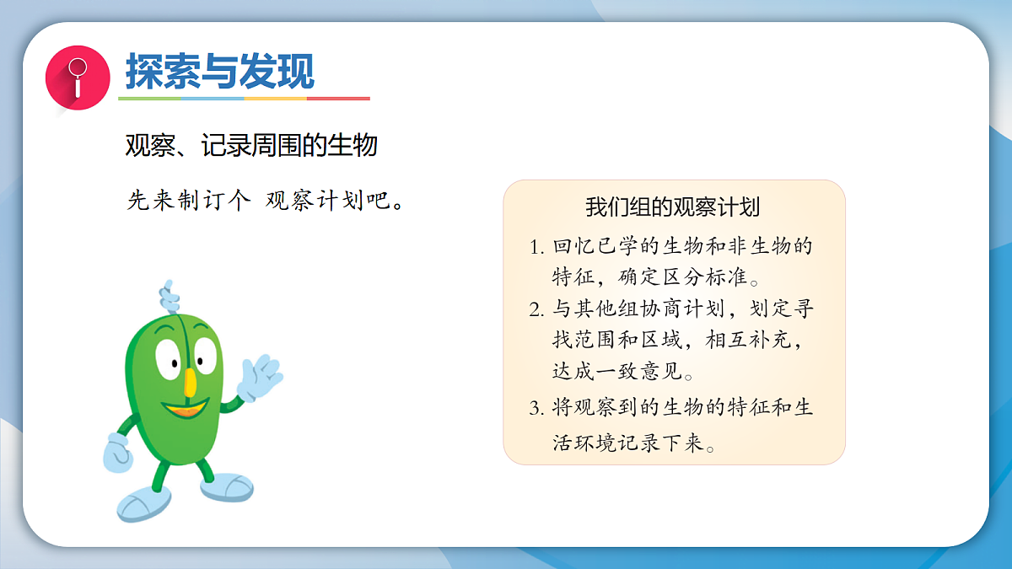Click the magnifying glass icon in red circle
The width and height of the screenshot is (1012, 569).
pyautogui.click(x=78, y=77)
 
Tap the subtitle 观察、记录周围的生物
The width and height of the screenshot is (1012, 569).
pyautogui.click(x=250, y=146)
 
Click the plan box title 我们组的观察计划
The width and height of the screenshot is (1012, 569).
pyautogui.click(x=673, y=207)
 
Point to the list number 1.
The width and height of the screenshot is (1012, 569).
pyautogui.click(x=536, y=248)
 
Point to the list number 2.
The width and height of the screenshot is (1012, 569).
pyautogui.click(x=536, y=310)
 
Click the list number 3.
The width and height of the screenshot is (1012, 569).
pyautogui.click(x=536, y=410)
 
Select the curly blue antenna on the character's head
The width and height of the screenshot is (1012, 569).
pyautogui.click(x=169, y=296)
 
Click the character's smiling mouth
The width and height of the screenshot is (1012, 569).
pyautogui.click(x=186, y=411)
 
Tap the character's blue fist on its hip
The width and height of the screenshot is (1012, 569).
pyautogui.click(x=116, y=454)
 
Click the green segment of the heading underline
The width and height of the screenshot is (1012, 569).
pyautogui.click(x=149, y=99)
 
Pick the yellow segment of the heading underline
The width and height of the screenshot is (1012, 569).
pyautogui.click(x=275, y=99)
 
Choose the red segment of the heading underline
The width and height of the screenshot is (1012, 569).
pyautogui.click(x=338, y=99)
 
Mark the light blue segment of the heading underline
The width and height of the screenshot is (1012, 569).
pyautogui.click(x=213, y=99)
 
